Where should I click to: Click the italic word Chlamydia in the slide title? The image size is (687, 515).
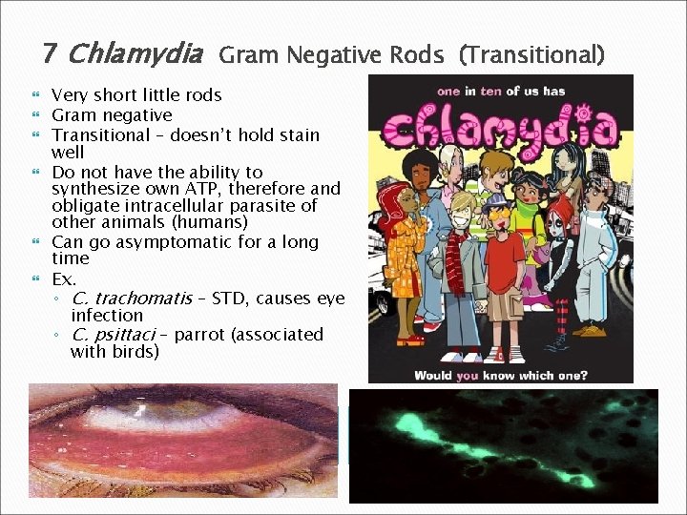pyautogui.click(x=135, y=53)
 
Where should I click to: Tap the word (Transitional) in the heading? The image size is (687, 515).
pyautogui.click(x=531, y=55)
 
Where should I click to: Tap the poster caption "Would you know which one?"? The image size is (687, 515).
pyautogui.click(x=501, y=375)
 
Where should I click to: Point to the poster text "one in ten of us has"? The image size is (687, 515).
pyautogui.click(x=501, y=92)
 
